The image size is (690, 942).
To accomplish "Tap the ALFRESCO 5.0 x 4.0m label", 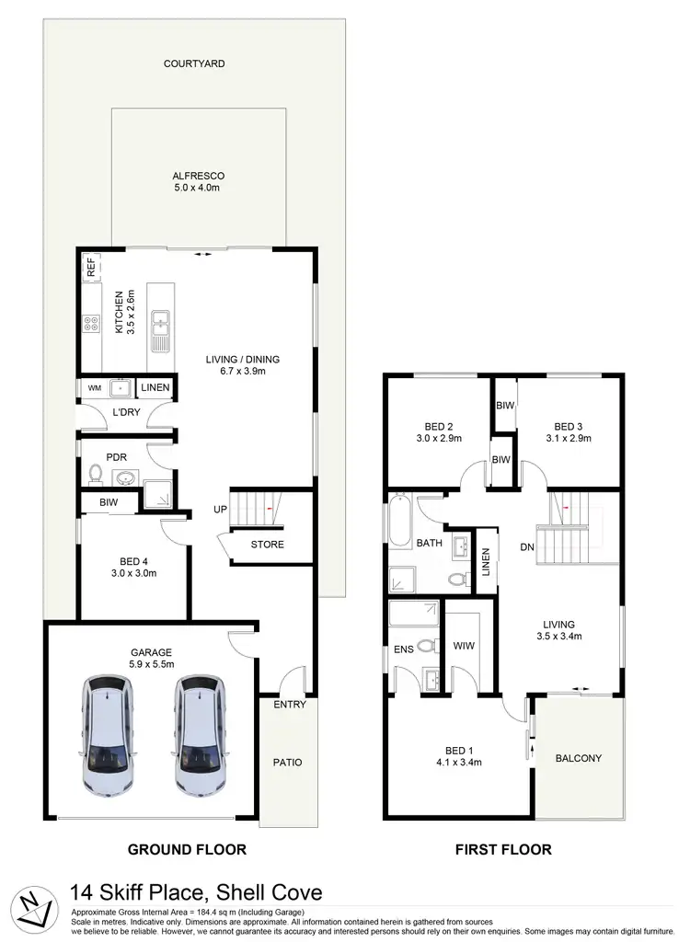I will [199, 181].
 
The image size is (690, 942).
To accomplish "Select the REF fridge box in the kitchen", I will [91, 269].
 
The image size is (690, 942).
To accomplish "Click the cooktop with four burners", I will [93, 323].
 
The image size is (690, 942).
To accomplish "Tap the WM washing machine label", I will [94, 388].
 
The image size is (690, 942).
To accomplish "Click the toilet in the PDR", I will [96, 475].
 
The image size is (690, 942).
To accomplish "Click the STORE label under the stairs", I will [267, 545].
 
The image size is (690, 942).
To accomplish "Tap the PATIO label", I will [288, 762].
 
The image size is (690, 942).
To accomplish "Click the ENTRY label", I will [289, 705].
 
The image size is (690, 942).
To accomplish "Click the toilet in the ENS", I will [426, 646].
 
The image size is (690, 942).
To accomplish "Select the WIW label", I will [464, 646].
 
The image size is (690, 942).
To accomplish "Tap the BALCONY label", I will [579, 758].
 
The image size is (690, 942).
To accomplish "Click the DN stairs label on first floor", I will [527, 547].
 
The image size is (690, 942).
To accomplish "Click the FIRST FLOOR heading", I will [503, 850].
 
